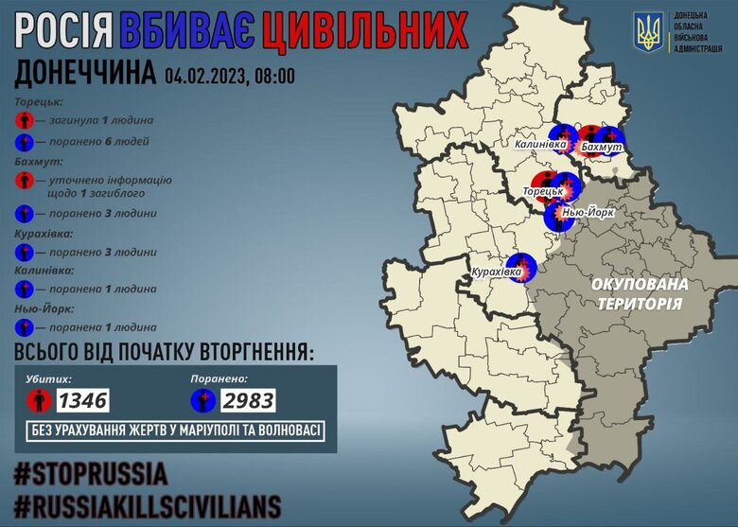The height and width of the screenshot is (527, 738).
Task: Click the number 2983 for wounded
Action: coord(249,400)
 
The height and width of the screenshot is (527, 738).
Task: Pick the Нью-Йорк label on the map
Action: coord(588,213)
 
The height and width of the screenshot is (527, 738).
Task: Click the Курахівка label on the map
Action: coord(497,273)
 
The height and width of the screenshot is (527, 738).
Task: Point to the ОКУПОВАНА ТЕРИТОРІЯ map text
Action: coord(640,293)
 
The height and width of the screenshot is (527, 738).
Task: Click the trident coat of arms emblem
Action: coord(650,33)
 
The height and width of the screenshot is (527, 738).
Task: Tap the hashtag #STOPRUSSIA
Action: coord(91,473)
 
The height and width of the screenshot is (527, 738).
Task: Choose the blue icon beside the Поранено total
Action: coord(203,400)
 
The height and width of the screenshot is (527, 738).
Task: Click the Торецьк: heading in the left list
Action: coord(41,101)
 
